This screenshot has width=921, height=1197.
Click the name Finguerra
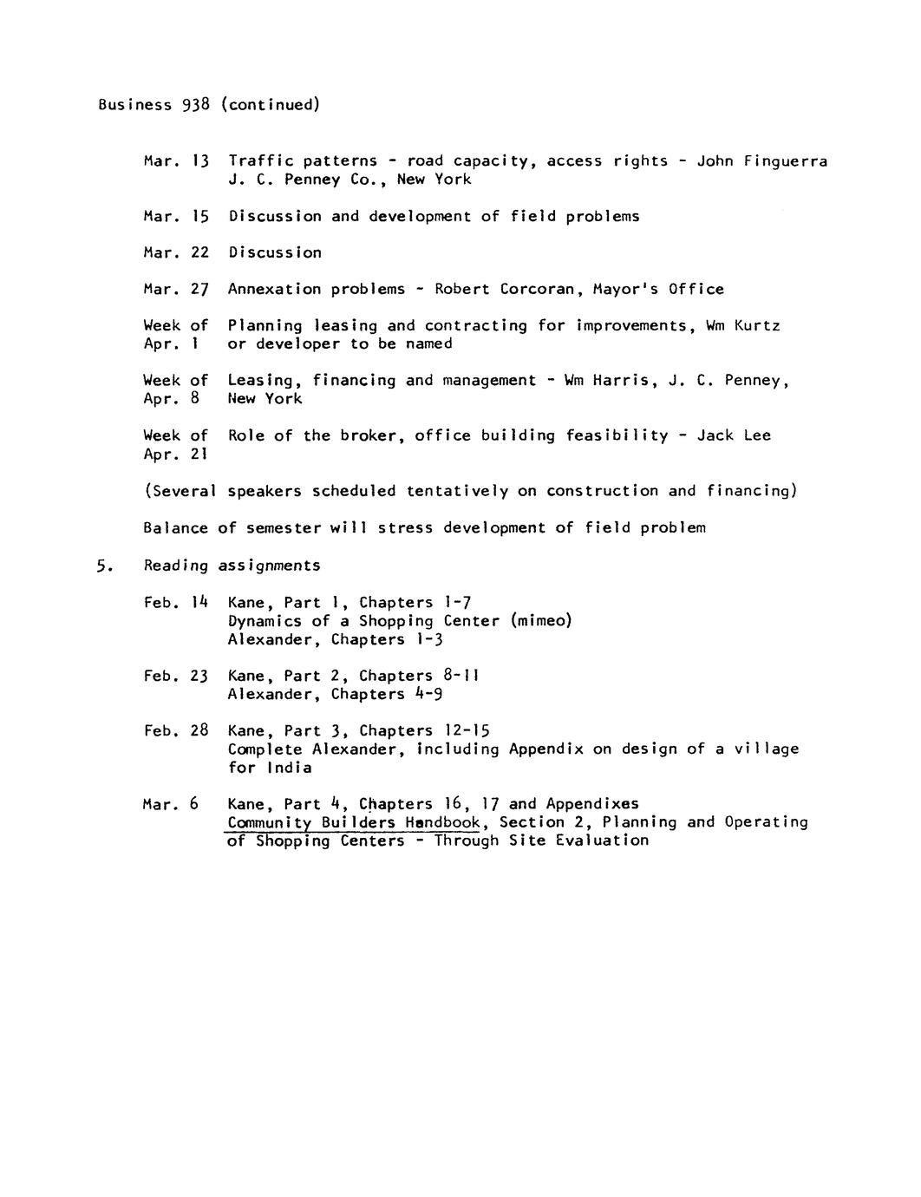pyautogui.click(x=786, y=161)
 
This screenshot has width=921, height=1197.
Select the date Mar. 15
pyautogui.click(x=176, y=217)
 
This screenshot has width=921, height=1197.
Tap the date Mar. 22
pyautogui.click(x=176, y=253)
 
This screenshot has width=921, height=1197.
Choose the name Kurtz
pyautogui.click(x=757, y=326)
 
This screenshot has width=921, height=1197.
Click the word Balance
pyautogui.click(x=176, y=528)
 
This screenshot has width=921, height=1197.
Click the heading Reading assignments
pyautogui.click(x=232, y=566)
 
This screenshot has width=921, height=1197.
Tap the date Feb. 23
pyautogui.click(x=176, y=677)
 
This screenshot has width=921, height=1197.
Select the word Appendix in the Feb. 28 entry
pyautogui.click(x=546, y=749)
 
